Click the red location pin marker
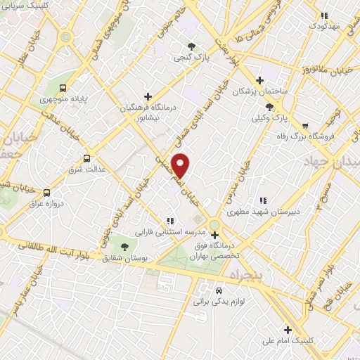181,165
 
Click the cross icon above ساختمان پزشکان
260,80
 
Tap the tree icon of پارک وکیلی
270,107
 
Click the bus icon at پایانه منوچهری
64,89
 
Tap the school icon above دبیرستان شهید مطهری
264,200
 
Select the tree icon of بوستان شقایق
124,247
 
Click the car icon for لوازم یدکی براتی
219,290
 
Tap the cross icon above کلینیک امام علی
288,329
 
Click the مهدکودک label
324,26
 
